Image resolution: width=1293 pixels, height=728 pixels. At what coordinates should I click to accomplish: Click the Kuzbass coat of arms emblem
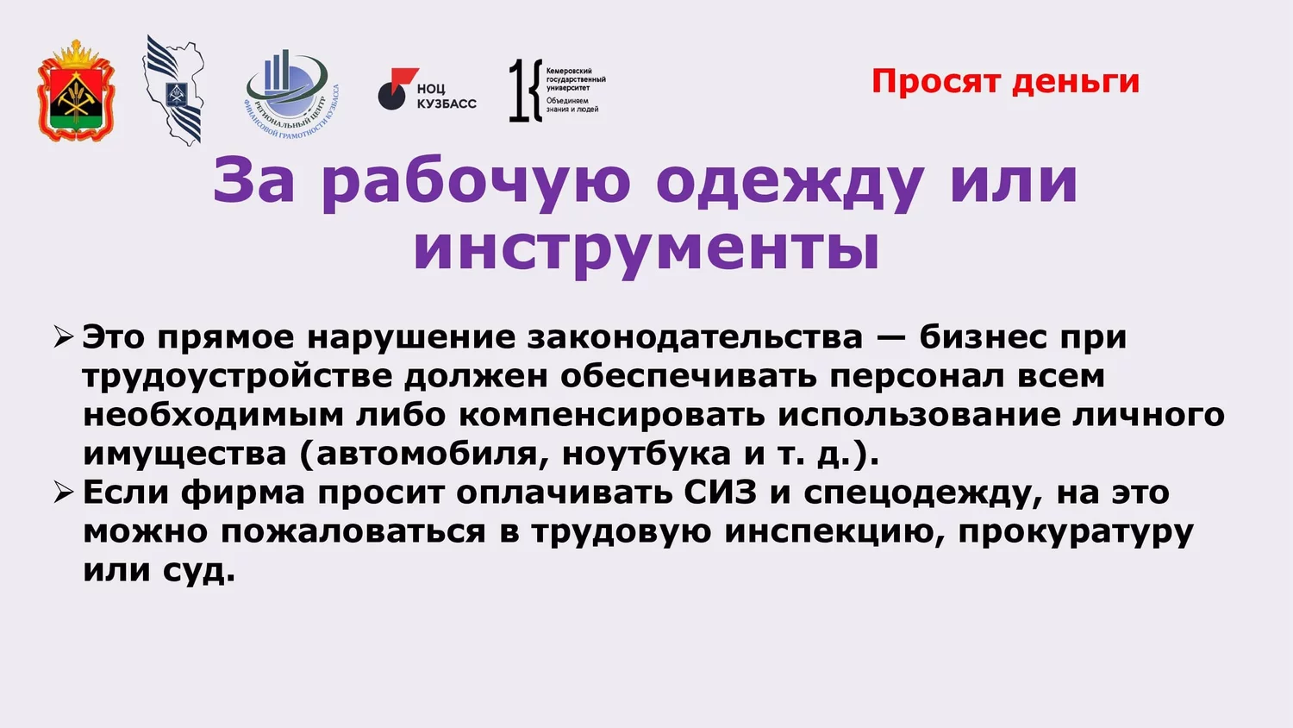76,91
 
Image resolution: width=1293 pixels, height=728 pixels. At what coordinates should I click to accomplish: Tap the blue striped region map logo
174,90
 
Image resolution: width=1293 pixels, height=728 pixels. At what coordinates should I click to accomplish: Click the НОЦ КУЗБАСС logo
428,89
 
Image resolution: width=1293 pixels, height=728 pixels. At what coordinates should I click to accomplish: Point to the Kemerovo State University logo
557,90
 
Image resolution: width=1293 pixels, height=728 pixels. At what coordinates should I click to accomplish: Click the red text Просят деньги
1006,81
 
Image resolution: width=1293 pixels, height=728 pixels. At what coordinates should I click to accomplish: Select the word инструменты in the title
646,251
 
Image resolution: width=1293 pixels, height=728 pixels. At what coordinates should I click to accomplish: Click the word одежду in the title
790,183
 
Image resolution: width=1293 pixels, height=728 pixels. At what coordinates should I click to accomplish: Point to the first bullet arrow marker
64,336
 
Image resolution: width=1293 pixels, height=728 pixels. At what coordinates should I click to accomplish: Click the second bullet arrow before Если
64,493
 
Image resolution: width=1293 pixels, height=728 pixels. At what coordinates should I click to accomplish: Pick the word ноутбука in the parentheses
646,455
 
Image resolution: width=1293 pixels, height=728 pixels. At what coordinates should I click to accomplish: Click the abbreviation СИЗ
721,493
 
